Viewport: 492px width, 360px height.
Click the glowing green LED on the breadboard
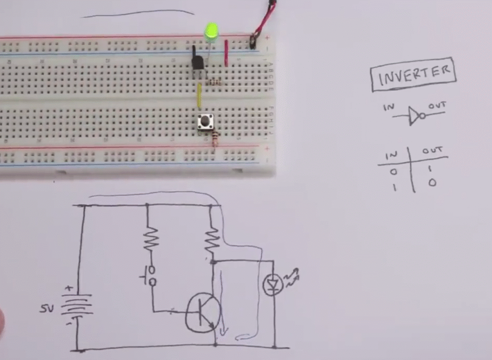211,32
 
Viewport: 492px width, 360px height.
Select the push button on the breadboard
206,122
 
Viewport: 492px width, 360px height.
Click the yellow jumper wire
199,96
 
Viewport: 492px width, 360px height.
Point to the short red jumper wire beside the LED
226,53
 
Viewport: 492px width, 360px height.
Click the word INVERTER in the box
413,74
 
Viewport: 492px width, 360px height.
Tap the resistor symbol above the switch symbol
150,238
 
